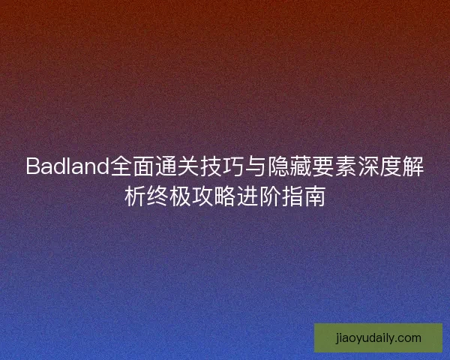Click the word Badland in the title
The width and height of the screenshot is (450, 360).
click(67, 166)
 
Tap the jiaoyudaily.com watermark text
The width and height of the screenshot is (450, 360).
click(378, 338)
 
